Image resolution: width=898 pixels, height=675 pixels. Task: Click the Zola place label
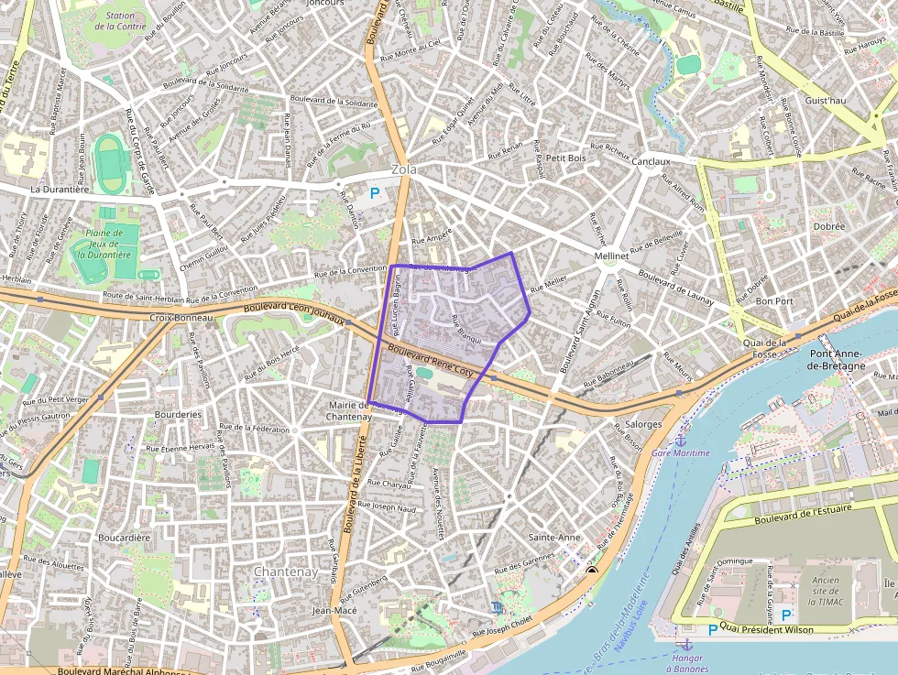[403, 169]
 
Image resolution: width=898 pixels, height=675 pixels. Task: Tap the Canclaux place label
[651, 161]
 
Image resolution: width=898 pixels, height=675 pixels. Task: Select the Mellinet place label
[611, 256]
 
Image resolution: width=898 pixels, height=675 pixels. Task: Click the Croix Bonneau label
[181, 318]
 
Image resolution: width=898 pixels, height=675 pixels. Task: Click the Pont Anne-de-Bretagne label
[837, 359]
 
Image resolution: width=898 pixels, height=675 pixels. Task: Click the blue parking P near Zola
[374, 193]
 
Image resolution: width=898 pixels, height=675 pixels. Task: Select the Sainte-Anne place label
[555, 537]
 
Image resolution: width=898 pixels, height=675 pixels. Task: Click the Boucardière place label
[124, 538]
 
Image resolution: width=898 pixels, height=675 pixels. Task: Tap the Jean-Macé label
[334, 610]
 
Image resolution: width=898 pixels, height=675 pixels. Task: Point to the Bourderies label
[178, 414]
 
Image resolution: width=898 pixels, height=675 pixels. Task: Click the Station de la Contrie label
[126, 21]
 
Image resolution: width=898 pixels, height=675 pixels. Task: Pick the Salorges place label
[642, 424]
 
